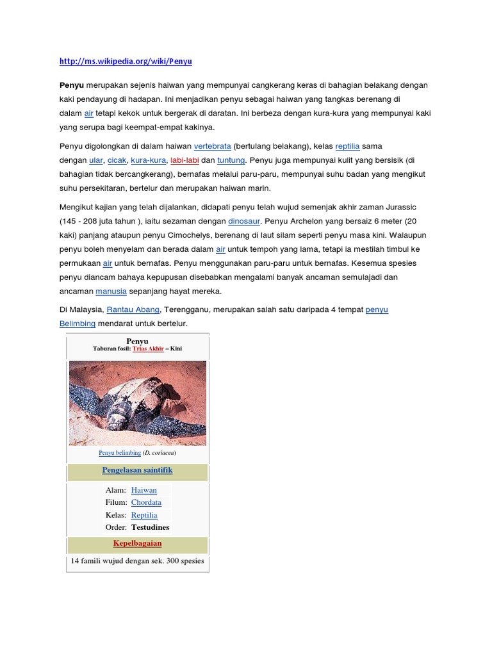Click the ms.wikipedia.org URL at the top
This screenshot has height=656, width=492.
point(126,61)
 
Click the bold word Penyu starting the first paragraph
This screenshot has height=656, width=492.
point(72,85)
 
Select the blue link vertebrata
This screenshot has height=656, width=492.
point(212,147)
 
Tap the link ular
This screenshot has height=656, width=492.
point(96,160)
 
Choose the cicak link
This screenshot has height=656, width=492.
point(117,160)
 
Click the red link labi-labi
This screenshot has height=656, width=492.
point(184,160)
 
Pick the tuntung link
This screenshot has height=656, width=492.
point(231,160)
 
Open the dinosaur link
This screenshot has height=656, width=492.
point(244,221)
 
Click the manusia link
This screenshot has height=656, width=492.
point(111,291)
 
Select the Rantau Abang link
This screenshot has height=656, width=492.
point(133,310)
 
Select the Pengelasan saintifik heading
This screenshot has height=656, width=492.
point(137,470)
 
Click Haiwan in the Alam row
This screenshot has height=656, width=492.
point(143,490)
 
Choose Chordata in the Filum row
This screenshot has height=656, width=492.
point(146,502)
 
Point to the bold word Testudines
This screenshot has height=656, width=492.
point(150,527)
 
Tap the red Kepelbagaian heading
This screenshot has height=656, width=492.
point(137,543)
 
